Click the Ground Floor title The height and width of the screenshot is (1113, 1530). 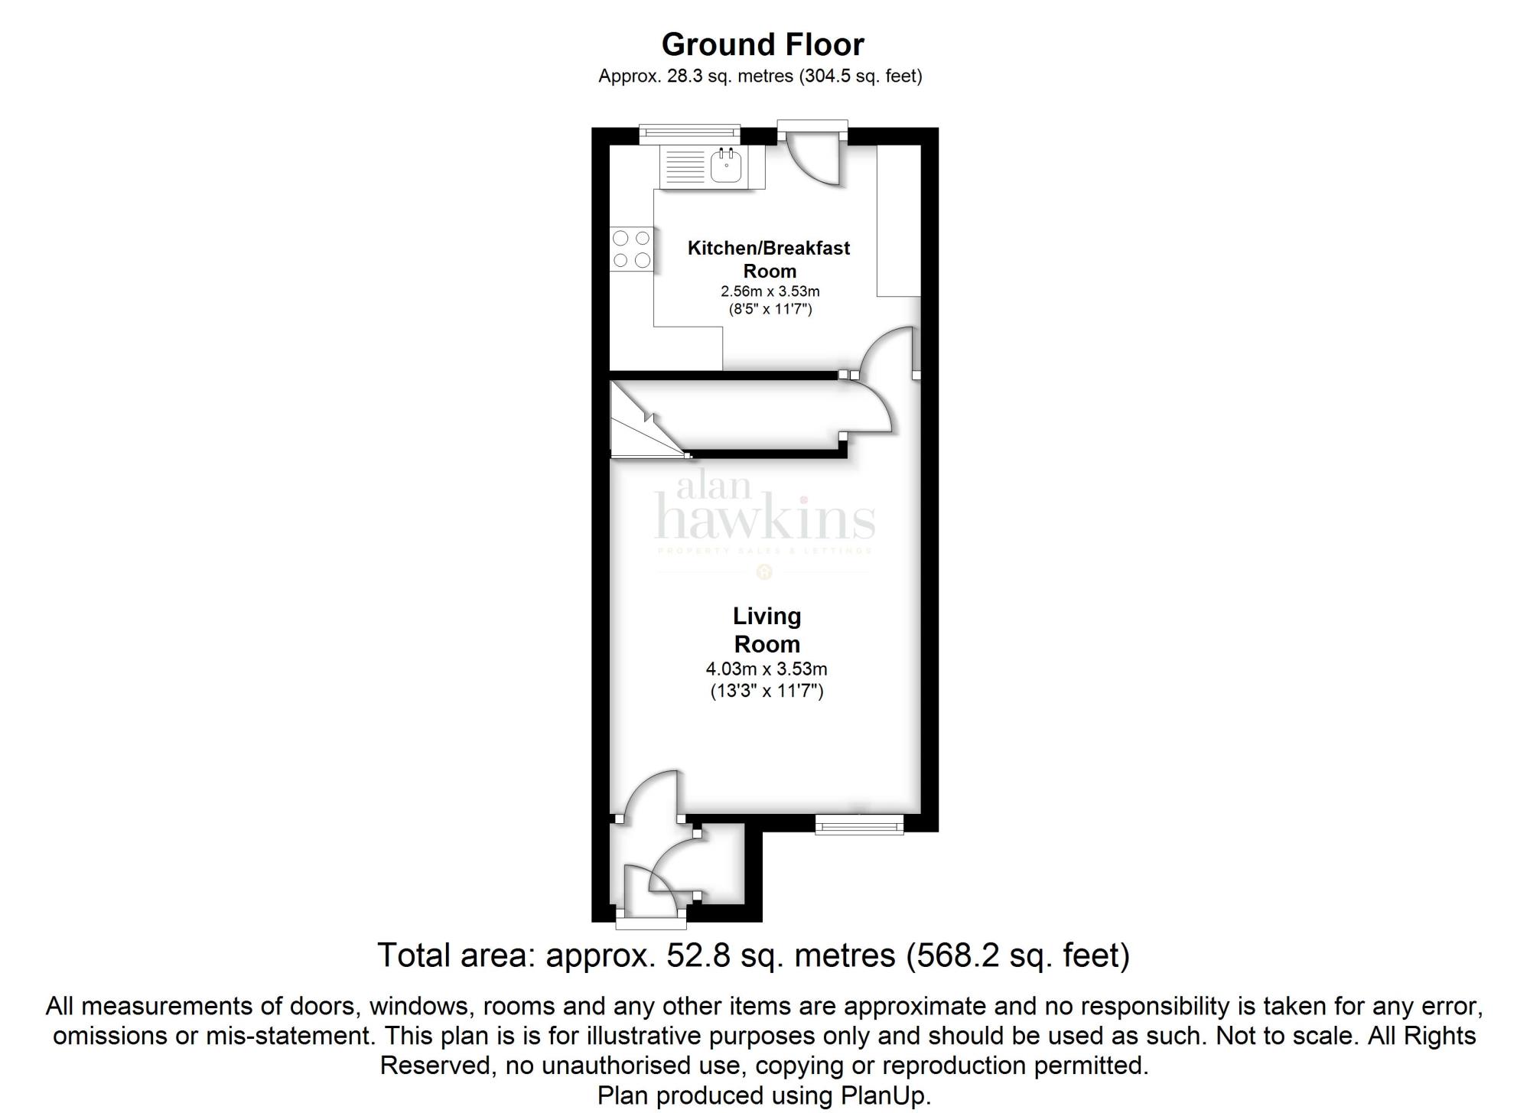pyautogui.click(x=763, y=44)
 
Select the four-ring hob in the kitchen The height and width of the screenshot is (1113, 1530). pyautogui.click(x=632, y=249)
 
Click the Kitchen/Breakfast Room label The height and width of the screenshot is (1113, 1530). pyautogui.click(x=769, y=259)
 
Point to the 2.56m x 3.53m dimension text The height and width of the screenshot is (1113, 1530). pyautogui.click(x=770, y=291)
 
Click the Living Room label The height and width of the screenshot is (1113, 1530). pyautogui.click(x=767, y=630)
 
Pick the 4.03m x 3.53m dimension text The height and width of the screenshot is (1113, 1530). pyautogui.click(x=767, y=669)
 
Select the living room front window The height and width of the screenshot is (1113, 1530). pyautogui.click(x=859, y=824)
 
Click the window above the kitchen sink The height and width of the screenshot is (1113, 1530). pyautogui.click(x=690, y=134)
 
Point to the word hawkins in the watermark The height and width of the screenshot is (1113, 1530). pyautogui.click(x=765, y=519)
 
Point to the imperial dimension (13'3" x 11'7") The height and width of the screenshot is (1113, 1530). pyautogui.click(x=767, y=692)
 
